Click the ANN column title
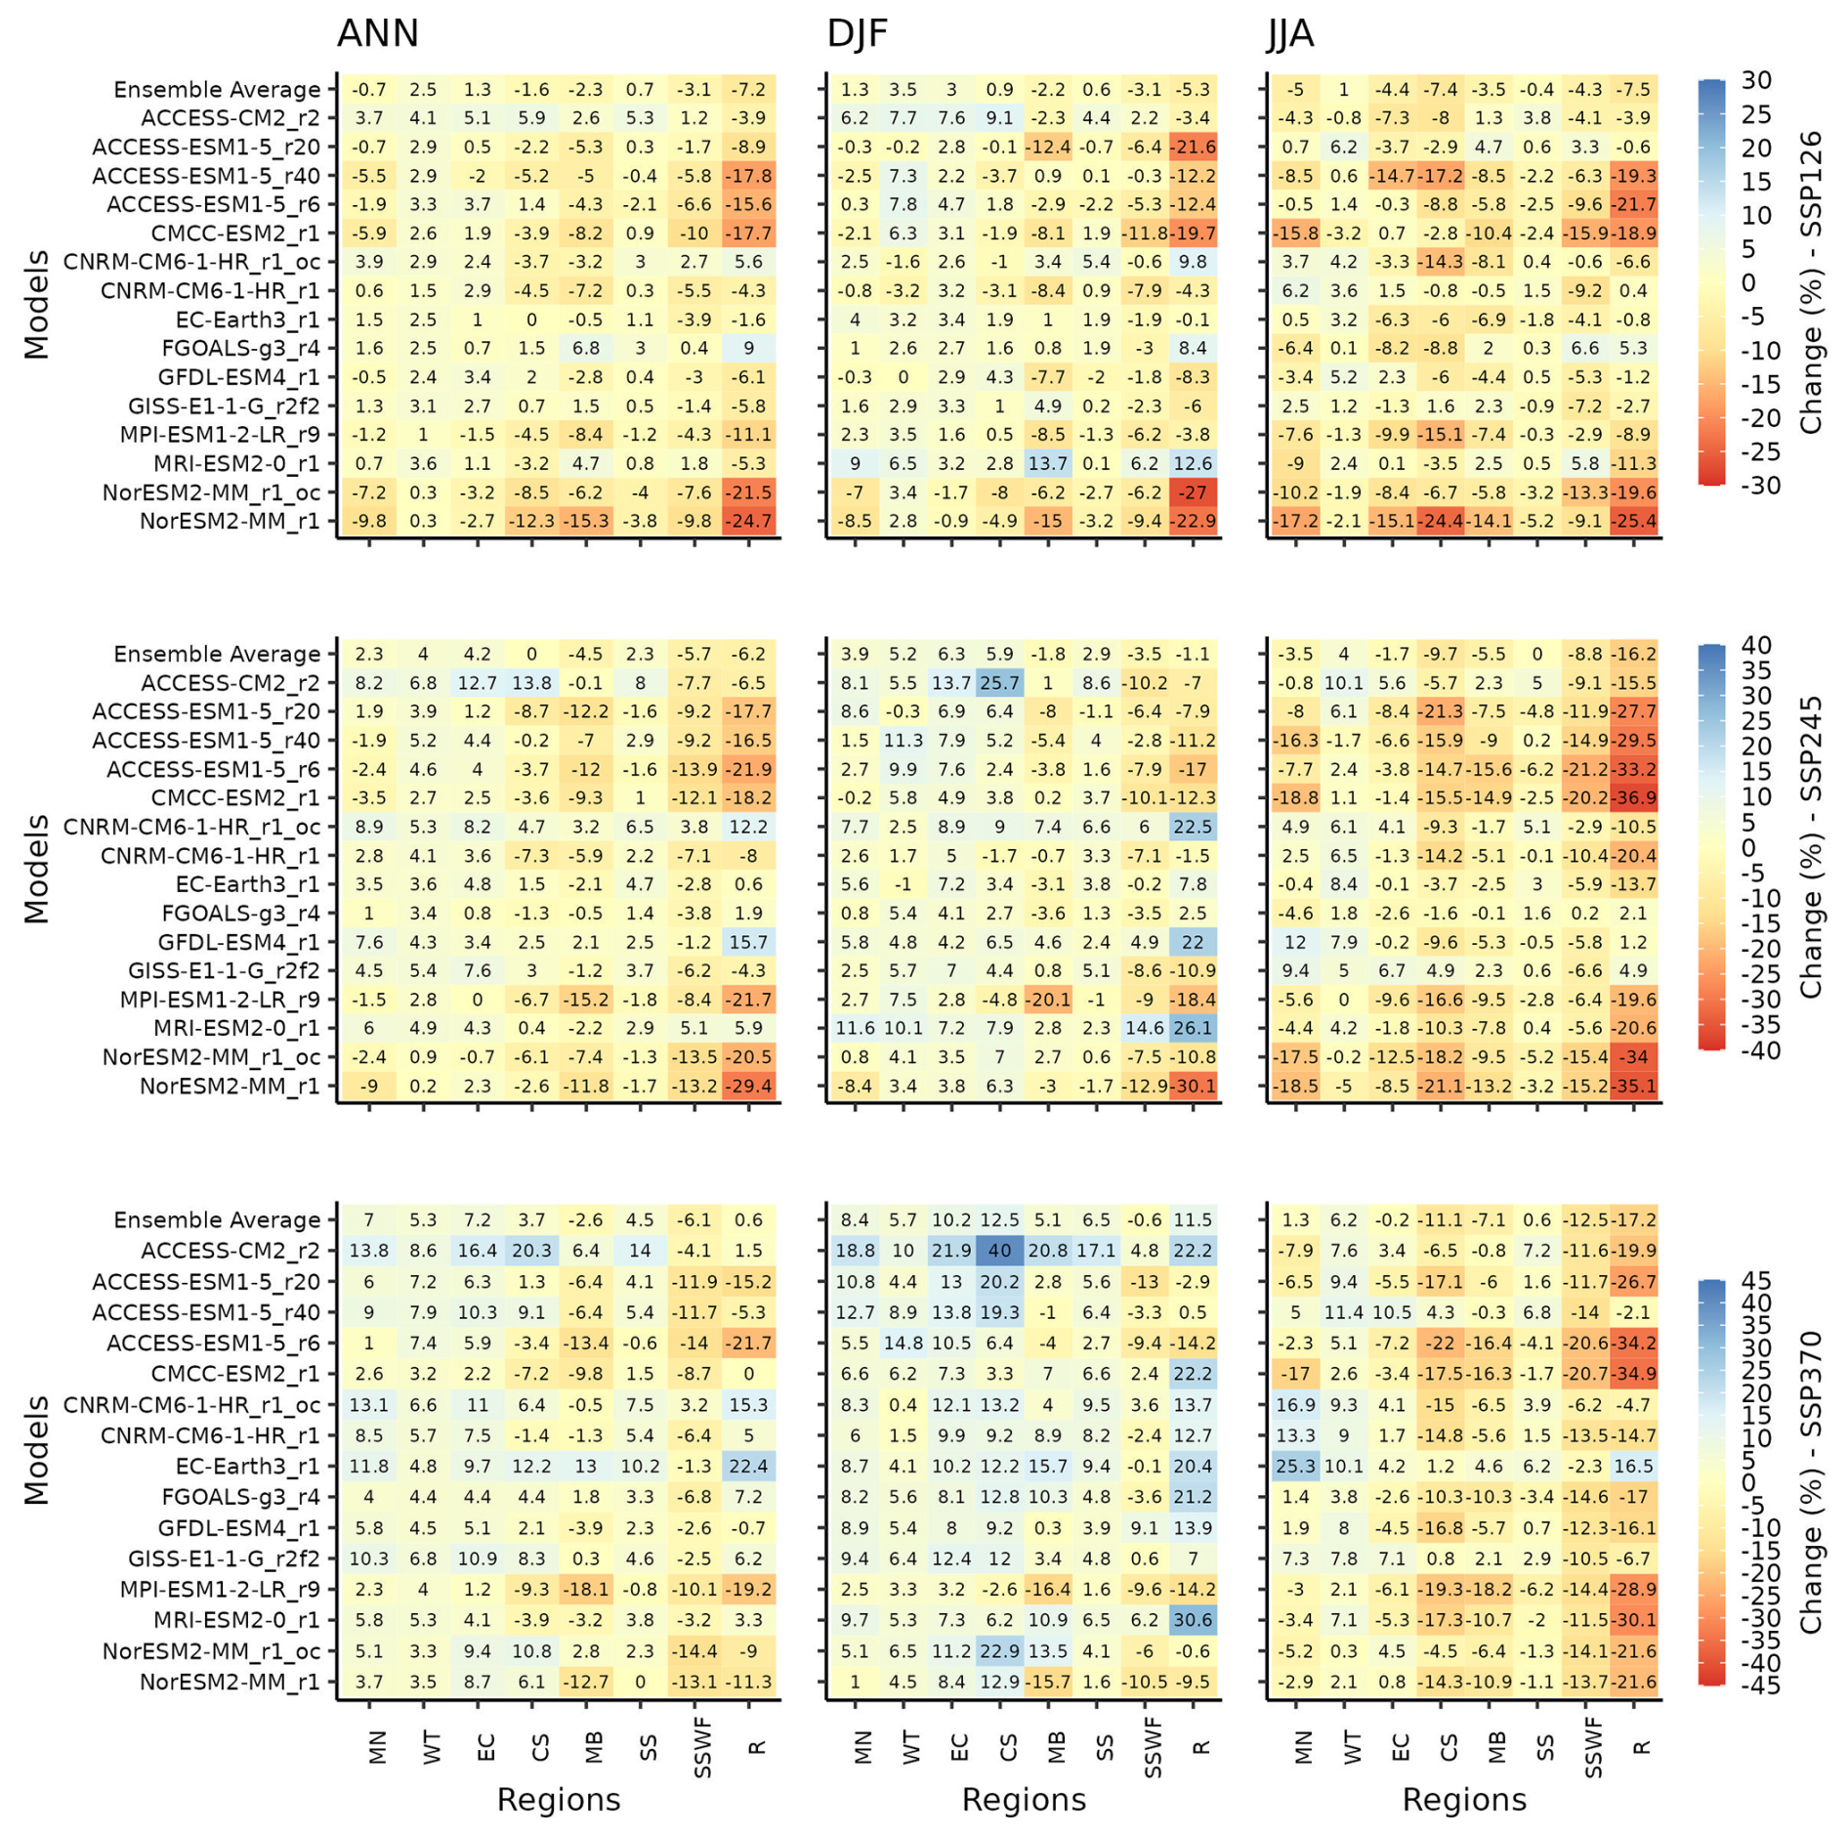(377, 33)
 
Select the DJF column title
(857, 33)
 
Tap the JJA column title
(1290, 33)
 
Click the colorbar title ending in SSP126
(1811, 281)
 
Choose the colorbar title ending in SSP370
(1811, 1481)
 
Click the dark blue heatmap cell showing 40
(999, 1250)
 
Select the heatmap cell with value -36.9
(1633, 797)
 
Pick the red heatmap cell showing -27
(1193, 492)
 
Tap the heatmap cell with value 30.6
(1193, 1619)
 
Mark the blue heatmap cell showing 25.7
(999, 683)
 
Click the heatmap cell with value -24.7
(749, 521)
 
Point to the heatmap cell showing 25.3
(1295, 1466)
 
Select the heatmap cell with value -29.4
(749, 1086)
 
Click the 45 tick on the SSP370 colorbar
(1755, 1280)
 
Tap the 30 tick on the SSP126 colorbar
(1755, 80)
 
